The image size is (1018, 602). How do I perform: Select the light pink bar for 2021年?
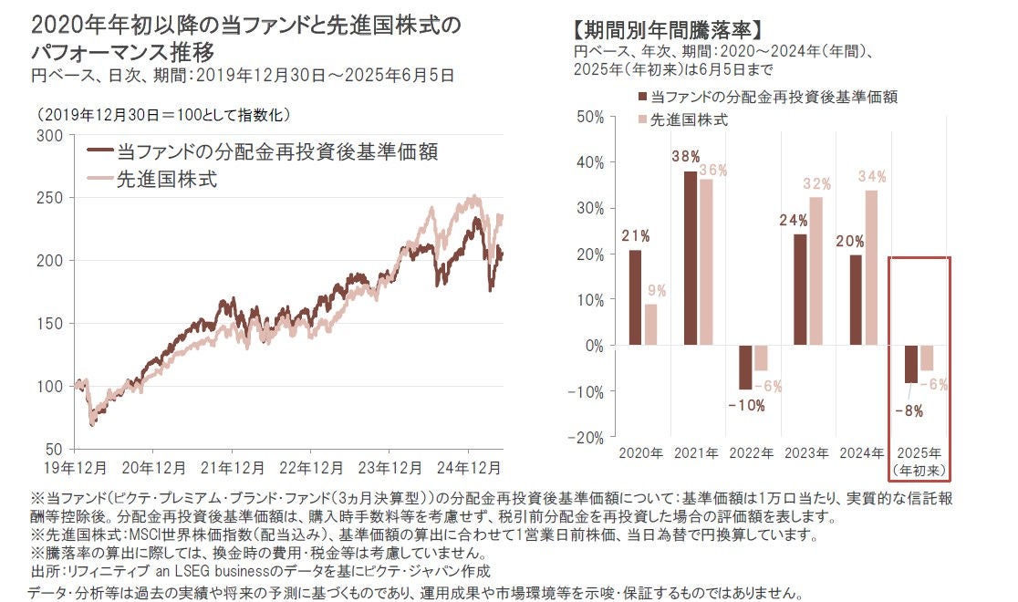tap(706, 262)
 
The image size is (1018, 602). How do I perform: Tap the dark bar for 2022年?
tap(745, 367)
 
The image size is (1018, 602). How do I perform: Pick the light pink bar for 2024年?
tap(871, 267)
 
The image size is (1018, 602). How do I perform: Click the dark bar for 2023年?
tap(800, 289)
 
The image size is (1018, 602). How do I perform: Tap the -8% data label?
tap(909, 410)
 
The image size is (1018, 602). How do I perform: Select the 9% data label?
tap(657, 292)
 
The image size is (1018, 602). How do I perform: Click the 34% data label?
tap(873, 176)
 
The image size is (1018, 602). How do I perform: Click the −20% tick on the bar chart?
tap(587, 437)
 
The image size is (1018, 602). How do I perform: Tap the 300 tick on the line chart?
tap(53, 135)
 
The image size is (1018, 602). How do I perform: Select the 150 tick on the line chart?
tap(53, 323)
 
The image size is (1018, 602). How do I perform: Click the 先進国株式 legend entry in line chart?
tap(167, 179)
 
